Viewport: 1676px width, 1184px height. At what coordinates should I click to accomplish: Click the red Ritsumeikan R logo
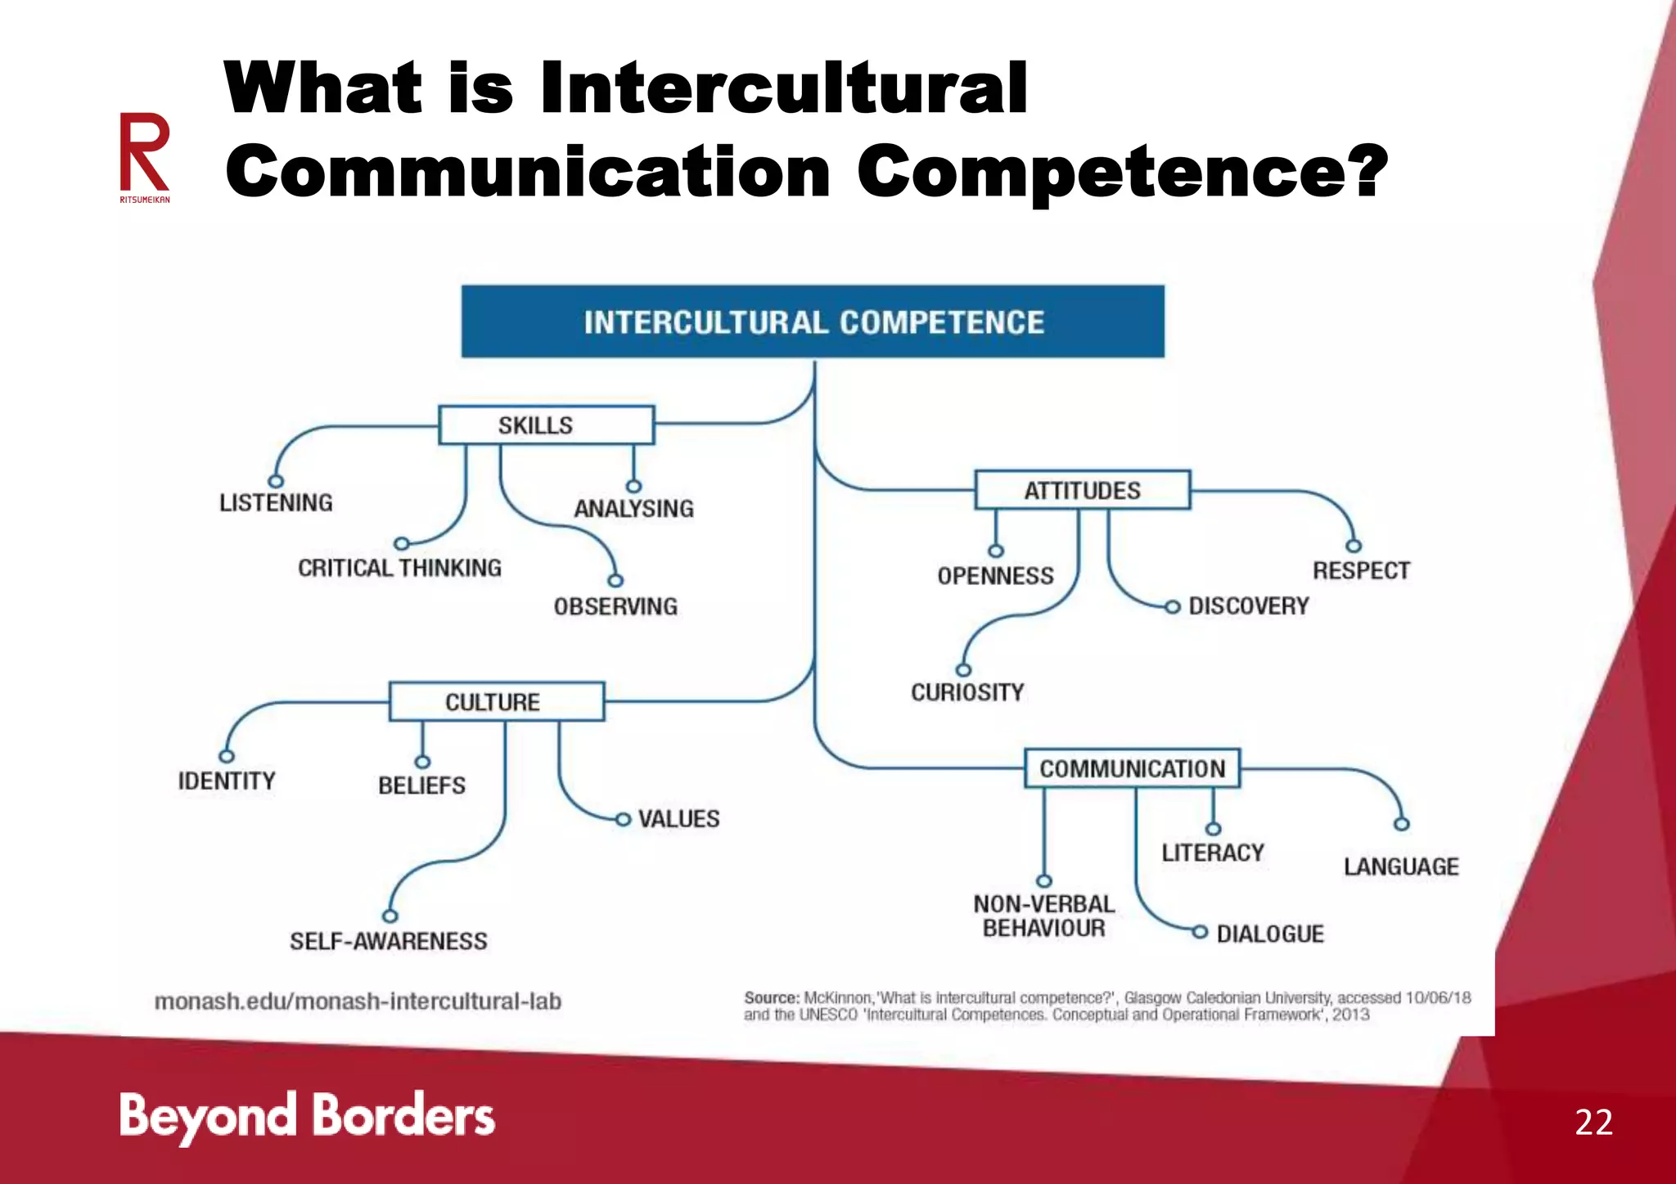[x=145, y=155]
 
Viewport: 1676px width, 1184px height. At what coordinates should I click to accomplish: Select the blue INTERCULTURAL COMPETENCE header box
[x=813, y=322]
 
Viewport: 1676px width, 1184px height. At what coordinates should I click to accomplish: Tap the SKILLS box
[x=546, y=425]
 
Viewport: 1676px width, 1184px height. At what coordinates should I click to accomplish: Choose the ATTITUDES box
[x=1082, y=490]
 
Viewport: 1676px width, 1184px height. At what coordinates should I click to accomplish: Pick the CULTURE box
[x=497, y=702]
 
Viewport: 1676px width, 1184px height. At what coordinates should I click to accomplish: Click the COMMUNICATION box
[x=1132, y=768]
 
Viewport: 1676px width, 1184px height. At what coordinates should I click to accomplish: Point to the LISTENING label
[x=276, y=502]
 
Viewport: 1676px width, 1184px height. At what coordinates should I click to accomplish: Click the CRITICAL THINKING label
[x=399, y=568]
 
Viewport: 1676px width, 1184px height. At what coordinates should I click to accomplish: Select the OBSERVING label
[x=615, y=606]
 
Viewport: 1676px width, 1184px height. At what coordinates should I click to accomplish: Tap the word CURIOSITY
[x=967, y=692]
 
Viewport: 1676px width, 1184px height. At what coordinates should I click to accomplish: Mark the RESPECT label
[x=1361, y=570]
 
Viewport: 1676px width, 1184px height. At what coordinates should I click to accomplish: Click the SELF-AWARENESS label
[x=388, y=941]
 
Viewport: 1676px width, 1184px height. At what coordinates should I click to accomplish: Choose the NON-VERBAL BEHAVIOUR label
[x=1043, y=916]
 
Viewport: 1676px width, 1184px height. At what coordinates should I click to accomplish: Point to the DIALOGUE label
[x=1270, y=934]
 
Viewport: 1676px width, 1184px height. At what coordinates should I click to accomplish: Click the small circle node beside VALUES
[x=624, y=819]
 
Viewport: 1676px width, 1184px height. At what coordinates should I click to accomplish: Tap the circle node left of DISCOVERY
[x=1173, y=606]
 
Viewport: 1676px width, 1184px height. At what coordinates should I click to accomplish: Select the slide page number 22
[x=1593, y=1122]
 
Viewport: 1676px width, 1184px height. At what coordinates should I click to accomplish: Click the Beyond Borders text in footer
[x=307, y=1116]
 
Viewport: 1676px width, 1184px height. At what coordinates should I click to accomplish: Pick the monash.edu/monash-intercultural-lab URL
[x=358, y=1002]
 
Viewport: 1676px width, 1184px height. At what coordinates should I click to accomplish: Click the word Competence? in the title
[x=1122, y=172]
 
